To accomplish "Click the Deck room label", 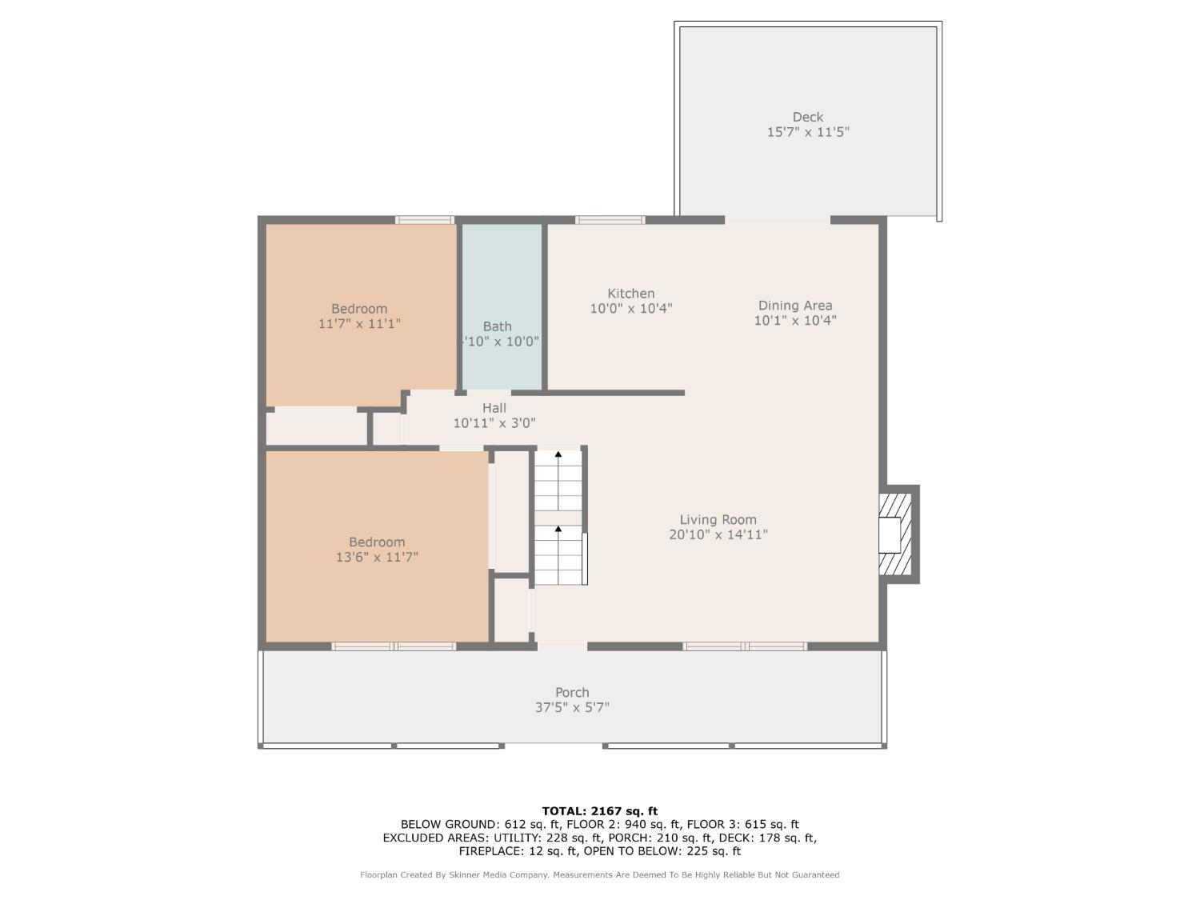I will pyautogui.click(x=808, y=117).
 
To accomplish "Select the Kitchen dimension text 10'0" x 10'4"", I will pyautogui.click(x=630, y=308).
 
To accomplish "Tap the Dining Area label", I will pyautogui.click(x=795, y=305).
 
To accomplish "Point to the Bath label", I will pyautogui.click(x=497, y=326).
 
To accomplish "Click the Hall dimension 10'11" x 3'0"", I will pyautogui.click(x=494, y=423).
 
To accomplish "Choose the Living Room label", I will pyautogui.click(x=718, y=519).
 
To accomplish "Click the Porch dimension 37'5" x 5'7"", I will pyautogui.click(x=572, y=707).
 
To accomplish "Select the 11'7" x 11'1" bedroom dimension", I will pyautogui.click(x=359, y=323).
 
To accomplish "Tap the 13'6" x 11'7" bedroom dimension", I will pyautogui.click(x=377, y=557).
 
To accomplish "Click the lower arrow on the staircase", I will pyautogui.click(x=558, y=530).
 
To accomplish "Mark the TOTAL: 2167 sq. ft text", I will pyautogui.click(x=599, y=810).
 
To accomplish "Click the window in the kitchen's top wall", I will pyautogui.click(x=610, y=220).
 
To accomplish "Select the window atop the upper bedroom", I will pyautogui.click(x=425, y=220).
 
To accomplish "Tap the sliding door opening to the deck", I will pyautogui.click(x=777, y=220).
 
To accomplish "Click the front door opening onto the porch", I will pyautogui.click(x=562, y=646).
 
